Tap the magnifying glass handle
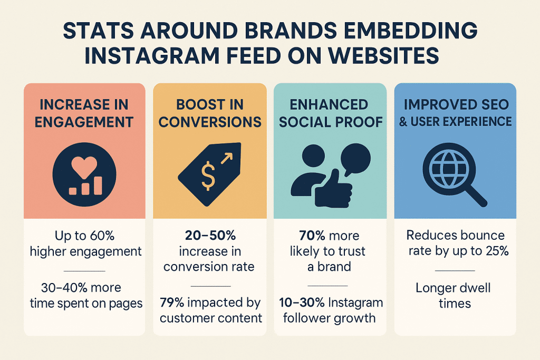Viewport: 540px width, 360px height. (476, 196)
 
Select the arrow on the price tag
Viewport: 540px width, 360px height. (228, 157)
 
